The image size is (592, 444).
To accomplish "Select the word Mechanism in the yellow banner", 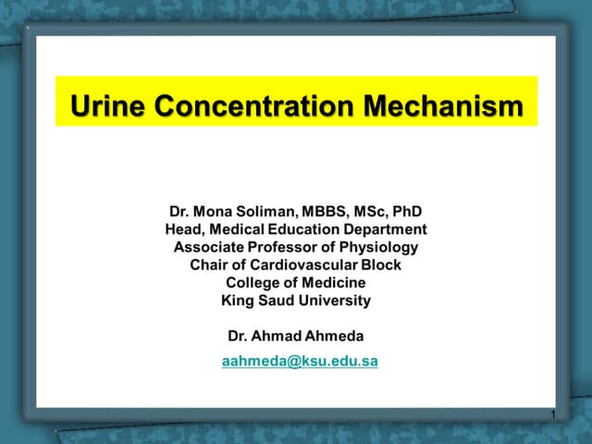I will click(443, 107).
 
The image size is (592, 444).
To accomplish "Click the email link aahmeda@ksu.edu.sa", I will click(300, 362).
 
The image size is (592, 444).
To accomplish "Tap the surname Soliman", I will click(269, 210).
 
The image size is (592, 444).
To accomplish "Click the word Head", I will click(182, 228).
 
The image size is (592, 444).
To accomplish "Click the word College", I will click(253, 282).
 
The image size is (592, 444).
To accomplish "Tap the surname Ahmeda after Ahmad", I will click(338, 336).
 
